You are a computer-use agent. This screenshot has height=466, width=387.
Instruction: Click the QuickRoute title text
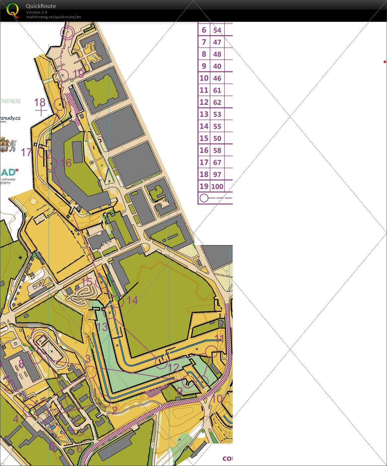coord(41,6)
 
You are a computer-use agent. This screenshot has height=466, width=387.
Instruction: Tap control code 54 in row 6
coord(217,30)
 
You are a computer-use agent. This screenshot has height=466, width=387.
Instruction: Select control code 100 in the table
coord(217,186)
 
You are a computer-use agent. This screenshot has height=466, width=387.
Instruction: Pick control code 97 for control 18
coord(217,174)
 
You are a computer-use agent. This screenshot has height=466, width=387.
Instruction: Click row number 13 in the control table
coord(204,114)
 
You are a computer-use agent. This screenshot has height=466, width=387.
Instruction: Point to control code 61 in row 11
coord(217,90)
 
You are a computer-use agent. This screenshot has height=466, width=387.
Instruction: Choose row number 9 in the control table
coord(204,66)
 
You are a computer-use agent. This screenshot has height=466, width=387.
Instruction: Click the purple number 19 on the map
coord(78,74)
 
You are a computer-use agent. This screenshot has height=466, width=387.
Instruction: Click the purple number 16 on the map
coord(66,163)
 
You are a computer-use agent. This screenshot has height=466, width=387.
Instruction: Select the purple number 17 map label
coord(27,152)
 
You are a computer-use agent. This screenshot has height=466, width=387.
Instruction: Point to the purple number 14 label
coord(132,300)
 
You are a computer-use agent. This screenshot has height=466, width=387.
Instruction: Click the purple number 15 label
coord(87,282)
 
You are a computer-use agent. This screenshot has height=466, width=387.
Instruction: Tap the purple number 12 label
coord(174,367)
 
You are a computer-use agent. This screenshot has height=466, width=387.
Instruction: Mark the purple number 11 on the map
coord(220,339)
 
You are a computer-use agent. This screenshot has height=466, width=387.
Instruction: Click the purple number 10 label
coord(217,399)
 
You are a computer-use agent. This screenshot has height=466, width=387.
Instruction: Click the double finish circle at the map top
coord(67,33)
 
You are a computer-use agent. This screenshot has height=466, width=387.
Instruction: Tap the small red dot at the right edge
coord(385,62)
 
